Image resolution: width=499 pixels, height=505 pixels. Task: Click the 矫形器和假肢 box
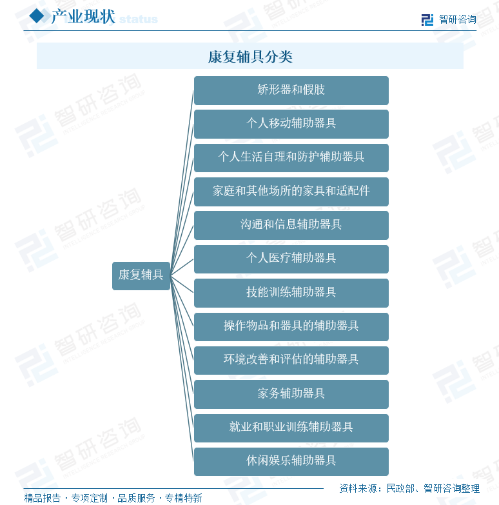(291, 90)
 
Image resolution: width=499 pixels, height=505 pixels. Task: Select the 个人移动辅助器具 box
(291, 124)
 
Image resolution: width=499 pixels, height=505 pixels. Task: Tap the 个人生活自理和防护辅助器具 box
(291, 158)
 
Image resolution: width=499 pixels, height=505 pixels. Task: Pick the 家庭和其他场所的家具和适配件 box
(291, 192)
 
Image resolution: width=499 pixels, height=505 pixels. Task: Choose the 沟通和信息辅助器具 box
(291, 226)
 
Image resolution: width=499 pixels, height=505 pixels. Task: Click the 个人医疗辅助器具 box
(291, 259)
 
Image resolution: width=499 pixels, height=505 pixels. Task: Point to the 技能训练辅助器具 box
(291, 293)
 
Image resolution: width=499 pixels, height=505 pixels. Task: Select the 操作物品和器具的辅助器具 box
(291, 327)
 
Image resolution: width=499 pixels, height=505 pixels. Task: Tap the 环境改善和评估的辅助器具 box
(291, 361)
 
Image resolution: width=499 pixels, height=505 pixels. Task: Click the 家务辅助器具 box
(291, 394)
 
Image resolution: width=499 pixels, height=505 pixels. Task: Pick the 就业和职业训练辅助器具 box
(291, 428)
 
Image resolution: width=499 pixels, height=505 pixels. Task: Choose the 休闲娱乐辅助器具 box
(291, 462)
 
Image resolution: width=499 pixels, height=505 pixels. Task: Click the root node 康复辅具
(141, 276)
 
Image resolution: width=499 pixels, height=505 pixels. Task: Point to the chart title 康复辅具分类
(250, 57)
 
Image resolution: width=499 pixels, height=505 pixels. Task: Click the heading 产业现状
(83, 16)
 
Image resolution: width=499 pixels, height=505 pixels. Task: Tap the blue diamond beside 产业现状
(37, 15)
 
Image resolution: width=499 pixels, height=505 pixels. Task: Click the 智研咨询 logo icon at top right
(427, 19)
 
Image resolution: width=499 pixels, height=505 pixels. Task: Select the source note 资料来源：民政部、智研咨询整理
(409, 488)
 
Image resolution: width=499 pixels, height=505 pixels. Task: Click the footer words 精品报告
(42, 498)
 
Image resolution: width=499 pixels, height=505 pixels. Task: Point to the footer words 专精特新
(184, 498)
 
